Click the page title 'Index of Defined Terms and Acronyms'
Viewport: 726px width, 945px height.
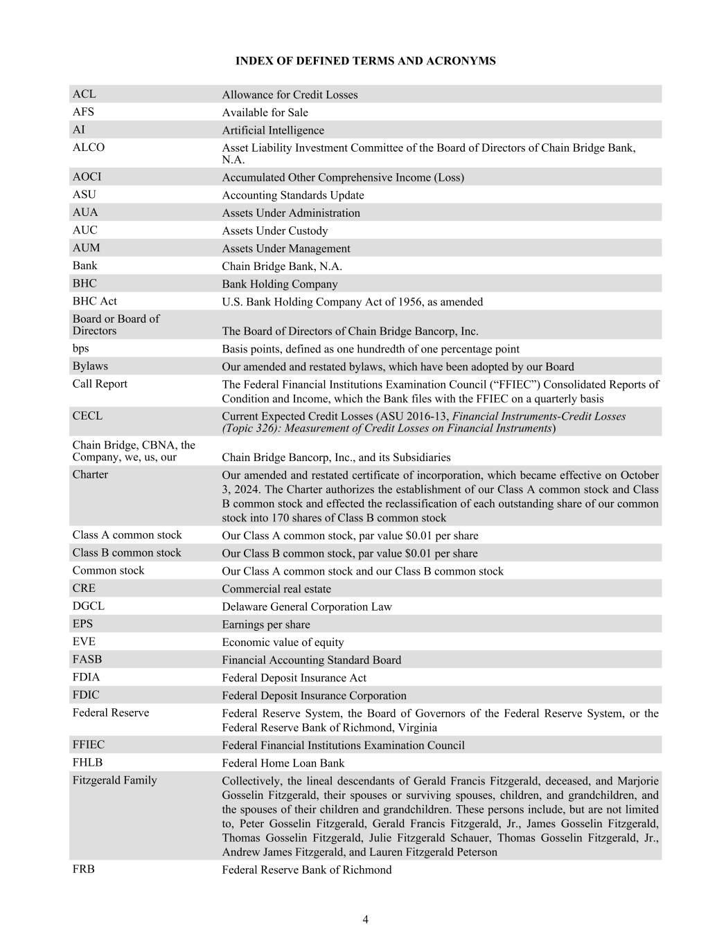[365, 61]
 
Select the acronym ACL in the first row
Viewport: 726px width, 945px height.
[85, 94]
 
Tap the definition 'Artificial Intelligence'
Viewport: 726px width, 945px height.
[273, 130]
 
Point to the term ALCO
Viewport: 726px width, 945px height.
[89, 147]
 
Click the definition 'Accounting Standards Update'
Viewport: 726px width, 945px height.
[293, 195]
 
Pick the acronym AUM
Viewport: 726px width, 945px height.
[86, 248]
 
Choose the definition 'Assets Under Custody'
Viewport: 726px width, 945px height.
[275, 231]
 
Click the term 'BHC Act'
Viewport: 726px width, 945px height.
[94, 301]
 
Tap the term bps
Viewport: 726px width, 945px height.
[81, 348]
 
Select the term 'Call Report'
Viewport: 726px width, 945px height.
[100, 384]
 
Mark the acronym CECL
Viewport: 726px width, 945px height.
[87, 415]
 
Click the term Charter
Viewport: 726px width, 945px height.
[90, 474]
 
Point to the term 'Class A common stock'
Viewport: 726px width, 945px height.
[127, 534]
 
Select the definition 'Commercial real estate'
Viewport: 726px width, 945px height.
[276, 589]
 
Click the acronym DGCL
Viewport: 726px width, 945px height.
[89, 606]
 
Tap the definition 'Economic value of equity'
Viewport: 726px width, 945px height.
[283, 642]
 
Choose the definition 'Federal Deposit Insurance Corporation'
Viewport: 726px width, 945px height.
[314, 696]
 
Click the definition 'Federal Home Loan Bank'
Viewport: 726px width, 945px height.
[283, 763]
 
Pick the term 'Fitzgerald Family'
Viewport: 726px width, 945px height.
[115, 780]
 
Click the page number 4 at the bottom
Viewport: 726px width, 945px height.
[365, 919]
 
